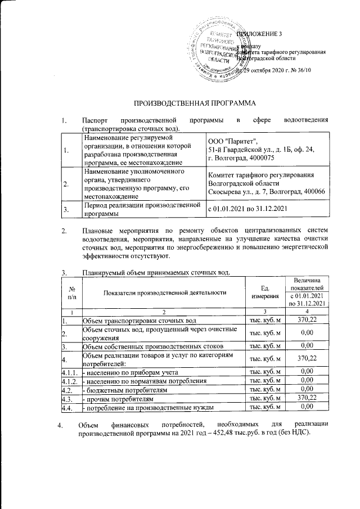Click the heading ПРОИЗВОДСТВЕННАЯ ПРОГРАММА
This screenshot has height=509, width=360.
click(194, 104)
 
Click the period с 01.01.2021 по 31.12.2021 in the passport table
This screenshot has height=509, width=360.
click(247, 210)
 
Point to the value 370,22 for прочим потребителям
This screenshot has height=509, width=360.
click(304, 397)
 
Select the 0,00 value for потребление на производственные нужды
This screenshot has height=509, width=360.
click(304, 406)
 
